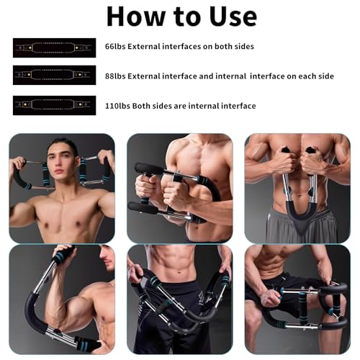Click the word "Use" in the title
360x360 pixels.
[x=233, y=17]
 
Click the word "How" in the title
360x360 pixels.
[x=135, y=17]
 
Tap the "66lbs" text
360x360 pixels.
[x=115, y=46]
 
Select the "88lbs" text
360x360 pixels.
[x=115, y=76]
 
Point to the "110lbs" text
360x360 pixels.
[x=117, y=106]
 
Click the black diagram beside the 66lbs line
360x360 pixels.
[x=55, y=48]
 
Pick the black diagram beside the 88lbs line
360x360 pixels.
[x=55, y=75]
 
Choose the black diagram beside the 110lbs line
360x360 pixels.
[x=55, y=105]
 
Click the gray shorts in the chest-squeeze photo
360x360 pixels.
[x=301, y=225]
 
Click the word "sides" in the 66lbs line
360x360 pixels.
[x=243, y=46]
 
